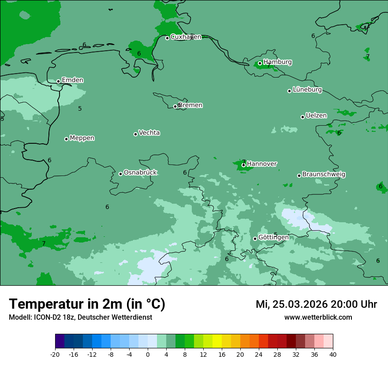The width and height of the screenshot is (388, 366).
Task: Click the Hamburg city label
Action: click(x=277, y=62)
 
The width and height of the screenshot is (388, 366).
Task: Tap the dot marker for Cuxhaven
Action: click(x=167, y=38)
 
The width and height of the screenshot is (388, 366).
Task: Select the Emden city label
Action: click(x=72, y=80)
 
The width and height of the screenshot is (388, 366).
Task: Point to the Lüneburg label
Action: click(x=307, y=90)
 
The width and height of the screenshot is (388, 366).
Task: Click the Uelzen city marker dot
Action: click(x=302, y=117)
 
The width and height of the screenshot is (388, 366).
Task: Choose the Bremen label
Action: click(x=190, y=105)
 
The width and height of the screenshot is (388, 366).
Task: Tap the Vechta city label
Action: click(x=149, y=133)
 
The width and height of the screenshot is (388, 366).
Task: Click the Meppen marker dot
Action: click(x=66, y=139)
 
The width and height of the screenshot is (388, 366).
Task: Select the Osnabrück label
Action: click(x=140, y=172)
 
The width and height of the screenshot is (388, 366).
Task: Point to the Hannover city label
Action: click(x=261, y=164)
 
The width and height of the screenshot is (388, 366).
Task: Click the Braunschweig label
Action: click(x=324, y=175)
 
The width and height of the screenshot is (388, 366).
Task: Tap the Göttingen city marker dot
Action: click(x=255, y=239)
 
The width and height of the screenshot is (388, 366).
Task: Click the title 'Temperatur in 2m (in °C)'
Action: click(x=87, y=304)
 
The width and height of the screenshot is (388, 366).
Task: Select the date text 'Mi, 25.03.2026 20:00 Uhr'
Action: click(x=316, y=304)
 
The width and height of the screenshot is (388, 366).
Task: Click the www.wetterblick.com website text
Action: click(x=318, y=317)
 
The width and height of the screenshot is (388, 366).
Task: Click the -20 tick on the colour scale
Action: click(x=55, y=354)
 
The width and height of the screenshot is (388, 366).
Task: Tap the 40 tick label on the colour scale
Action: click(x=332, y=354)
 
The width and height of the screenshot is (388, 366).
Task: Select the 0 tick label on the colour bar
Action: click(x=148, y=354)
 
